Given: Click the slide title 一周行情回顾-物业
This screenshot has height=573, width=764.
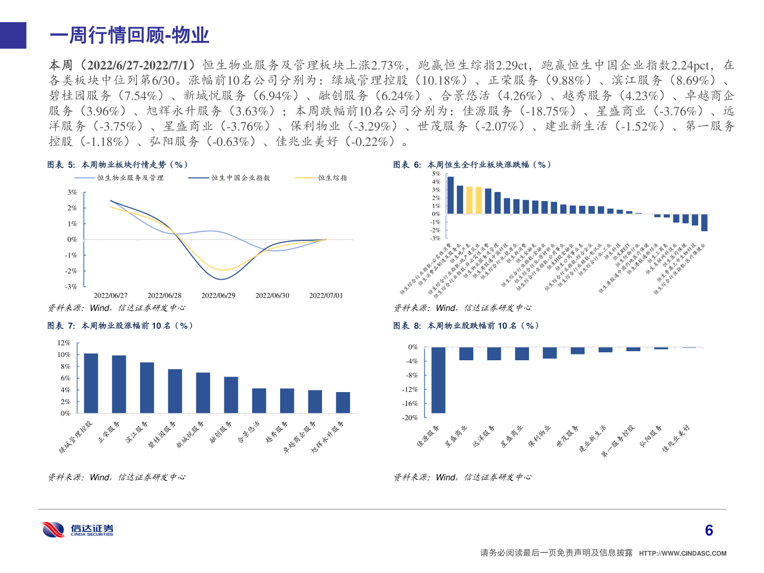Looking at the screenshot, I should pyautogui.click(x=129, y=36).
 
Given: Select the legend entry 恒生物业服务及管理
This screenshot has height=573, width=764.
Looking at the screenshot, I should pyautogui.click(x=130, y=178).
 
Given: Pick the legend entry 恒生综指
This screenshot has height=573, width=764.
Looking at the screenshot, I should pyautogui.click(x=332, y=178).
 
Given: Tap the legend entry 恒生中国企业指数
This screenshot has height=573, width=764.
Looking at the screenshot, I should pyautogui.click(x=240, y=178).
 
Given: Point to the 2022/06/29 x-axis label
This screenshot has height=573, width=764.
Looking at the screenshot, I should pyautogui.click(x=218, y=296).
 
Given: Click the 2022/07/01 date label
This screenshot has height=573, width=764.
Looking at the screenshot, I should pyautogui.click(x=326, y=296).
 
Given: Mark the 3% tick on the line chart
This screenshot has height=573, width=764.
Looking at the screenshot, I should pyautogui.click(x=72, y=192).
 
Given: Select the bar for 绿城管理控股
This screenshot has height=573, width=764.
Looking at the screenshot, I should pyautogui.click(x=91, y=383).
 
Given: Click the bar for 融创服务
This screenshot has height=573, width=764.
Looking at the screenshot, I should pyautogui.click(x=231, y=395).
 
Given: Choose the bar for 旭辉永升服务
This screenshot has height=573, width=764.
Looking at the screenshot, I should pyautogui.click(x=343, y=402).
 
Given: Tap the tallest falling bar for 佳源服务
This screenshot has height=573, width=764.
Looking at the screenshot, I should pyautogui.click(x=438, y=380).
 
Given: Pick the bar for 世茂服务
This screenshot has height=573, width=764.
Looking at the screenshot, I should pyautogui.click(x=577, y=351).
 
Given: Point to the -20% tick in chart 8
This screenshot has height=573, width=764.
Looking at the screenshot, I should pyautogui.click(x=410, y=418).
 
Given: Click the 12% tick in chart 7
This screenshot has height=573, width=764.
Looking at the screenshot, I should pyautogui.click(x=64, y=343).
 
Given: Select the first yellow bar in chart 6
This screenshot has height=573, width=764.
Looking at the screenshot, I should pyautogui.click(x=469, y=200).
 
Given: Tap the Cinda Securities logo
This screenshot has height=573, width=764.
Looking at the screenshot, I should pyautogui.click(x=78, y=529).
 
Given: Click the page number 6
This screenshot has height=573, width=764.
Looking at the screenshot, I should pyautogui.click(x=709, y=530).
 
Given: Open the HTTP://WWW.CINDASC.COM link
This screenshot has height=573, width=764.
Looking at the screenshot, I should pyautogui.click(x=682, y=553).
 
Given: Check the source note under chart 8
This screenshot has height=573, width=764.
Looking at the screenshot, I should pyautogui.click(x=462, y=477).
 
